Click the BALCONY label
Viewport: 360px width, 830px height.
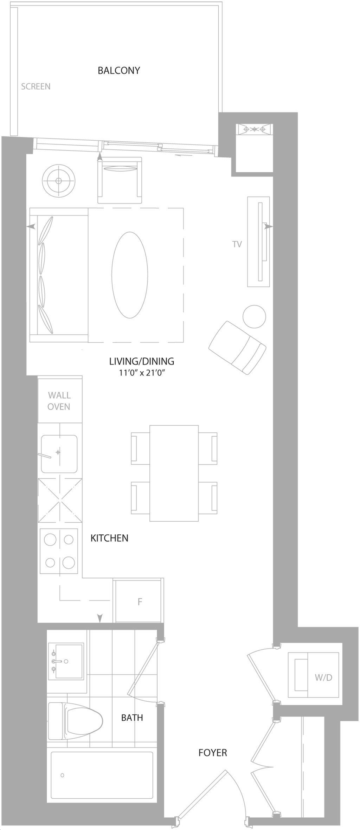click(119, 70)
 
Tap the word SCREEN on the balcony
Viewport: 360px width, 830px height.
click(36, 86)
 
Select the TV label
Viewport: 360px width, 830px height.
click(237, 244)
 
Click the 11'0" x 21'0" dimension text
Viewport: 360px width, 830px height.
click(142, 373)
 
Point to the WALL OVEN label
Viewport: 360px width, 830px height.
click(59, 401)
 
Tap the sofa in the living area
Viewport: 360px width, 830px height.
click(59, 275)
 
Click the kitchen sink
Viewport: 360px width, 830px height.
click(59, 454)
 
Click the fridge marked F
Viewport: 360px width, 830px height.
click(139, 601)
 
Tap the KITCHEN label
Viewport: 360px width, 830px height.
click(109, 538)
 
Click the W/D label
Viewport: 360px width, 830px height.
click(323, 677)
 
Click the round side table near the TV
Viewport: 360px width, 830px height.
click(254, 316)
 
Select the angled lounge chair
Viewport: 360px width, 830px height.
click(237, 347)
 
